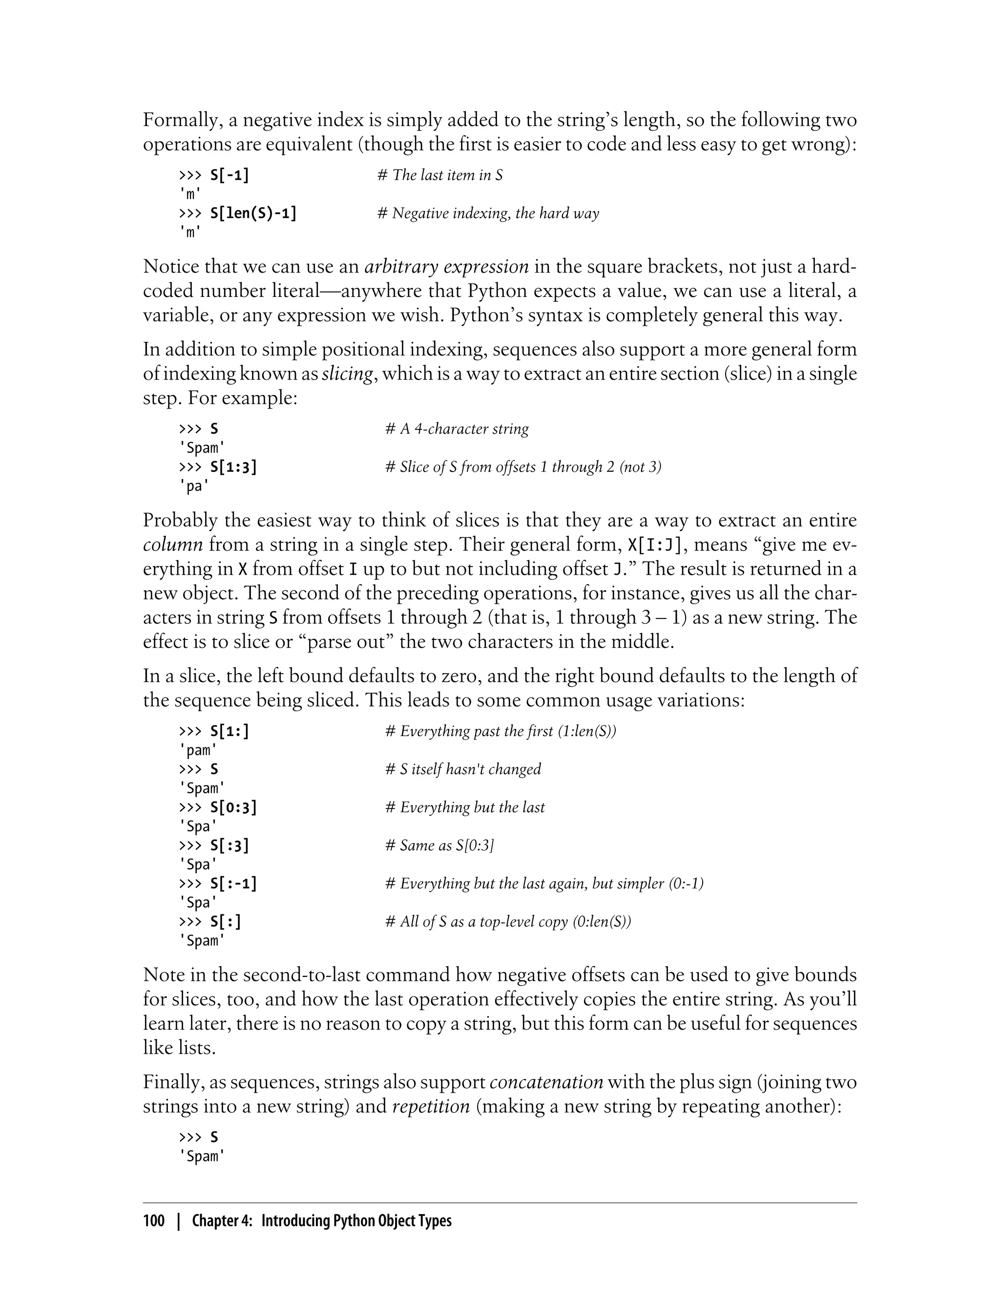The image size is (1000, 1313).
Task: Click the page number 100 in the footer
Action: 154,1221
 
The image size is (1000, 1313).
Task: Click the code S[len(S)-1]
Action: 253,213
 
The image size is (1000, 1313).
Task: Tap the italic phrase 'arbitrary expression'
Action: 446,266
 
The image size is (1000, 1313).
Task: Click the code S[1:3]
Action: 233,467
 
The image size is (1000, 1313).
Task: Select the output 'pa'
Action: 195,486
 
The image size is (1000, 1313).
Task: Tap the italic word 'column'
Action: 173,545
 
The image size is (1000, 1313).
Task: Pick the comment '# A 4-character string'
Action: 457,429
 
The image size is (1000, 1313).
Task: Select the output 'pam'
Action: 198,750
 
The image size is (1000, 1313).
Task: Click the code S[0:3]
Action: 233,807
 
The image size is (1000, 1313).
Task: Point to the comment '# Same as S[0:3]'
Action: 439,846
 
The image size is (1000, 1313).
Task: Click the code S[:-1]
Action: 233,884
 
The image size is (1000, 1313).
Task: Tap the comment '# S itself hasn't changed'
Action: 463,769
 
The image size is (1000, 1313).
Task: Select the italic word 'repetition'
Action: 431,1106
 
